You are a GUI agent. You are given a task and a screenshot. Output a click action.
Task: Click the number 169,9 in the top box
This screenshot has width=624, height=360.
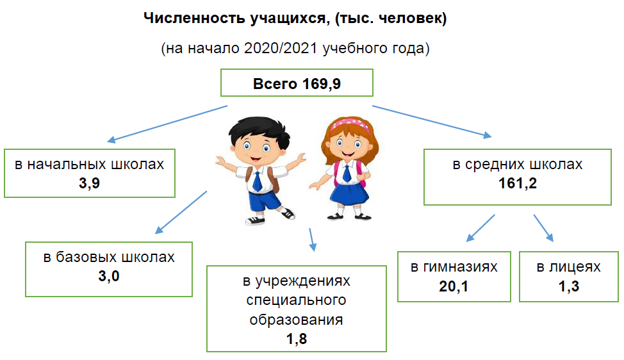point(322,84)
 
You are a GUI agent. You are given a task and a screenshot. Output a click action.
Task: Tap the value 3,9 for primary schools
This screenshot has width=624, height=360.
point(89,183)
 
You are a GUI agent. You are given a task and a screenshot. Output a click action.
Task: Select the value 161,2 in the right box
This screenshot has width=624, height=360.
point(518,183)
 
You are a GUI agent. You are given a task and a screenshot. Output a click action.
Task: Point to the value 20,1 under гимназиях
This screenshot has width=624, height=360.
point(454,286)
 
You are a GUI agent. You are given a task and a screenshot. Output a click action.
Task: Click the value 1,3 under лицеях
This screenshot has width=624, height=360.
point(569,286)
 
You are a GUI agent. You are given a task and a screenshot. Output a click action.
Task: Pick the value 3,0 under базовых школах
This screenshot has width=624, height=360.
point(109,275)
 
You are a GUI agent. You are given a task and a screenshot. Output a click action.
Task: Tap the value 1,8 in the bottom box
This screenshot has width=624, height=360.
point(297,338)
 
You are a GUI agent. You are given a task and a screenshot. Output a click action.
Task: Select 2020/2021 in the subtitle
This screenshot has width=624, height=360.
point(281,48)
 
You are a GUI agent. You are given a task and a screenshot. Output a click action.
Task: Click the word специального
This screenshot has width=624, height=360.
point(296,300)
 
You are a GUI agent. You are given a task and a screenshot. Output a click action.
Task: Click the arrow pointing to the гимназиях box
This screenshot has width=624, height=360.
point(480,228)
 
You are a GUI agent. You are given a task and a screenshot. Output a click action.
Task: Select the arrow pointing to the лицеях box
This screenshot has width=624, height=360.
point(544,228)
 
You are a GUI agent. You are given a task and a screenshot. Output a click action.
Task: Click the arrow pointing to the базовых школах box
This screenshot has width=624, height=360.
point(181,212)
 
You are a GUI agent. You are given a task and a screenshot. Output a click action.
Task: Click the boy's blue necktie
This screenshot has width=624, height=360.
point(257,182)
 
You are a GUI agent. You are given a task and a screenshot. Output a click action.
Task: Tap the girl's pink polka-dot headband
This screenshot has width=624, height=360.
point(350,124)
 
